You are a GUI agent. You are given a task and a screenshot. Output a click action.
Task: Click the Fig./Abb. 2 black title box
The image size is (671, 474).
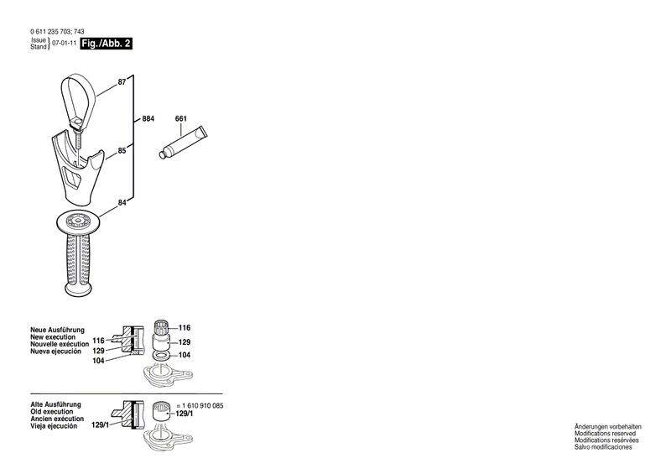coord(107,44)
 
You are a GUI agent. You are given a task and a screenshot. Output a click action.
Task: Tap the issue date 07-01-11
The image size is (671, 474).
coord(65,44)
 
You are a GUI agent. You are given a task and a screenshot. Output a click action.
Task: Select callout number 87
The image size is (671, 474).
coord(122,81)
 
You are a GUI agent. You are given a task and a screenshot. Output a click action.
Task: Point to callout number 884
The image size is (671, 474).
coord(148,118)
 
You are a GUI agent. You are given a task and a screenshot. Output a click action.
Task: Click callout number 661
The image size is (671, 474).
coord(181,118)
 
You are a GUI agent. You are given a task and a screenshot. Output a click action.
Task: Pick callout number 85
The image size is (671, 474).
coord(122,151)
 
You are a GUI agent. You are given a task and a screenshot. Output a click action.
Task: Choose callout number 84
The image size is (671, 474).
coord(122,202)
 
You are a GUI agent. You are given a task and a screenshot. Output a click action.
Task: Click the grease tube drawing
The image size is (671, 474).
coord(183,143)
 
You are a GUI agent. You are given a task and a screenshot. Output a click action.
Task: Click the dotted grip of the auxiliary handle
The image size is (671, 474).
coord(78,262)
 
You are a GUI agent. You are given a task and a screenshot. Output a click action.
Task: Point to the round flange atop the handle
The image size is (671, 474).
coord(78,221)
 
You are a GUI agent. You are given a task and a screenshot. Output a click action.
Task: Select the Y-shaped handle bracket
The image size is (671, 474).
coord(78,168)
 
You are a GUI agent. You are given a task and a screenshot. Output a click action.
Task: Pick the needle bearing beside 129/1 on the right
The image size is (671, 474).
coord(161,412)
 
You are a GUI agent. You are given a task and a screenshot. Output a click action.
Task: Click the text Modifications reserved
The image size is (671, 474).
coord(605,434)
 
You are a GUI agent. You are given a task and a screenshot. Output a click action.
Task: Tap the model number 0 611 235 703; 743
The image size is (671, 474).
coord(57,31)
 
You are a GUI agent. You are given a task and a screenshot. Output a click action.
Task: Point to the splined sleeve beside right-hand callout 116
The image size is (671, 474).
coord(162,328)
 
